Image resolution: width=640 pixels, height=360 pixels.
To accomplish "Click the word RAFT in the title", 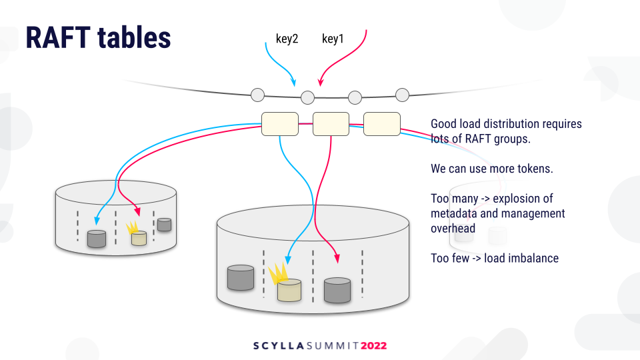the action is pos(58,37).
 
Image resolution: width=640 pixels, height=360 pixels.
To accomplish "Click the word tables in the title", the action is pos(134,37).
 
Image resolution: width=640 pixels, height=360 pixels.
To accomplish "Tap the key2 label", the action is pos(287,39).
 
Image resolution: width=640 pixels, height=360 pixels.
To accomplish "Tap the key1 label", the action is pos(333,39).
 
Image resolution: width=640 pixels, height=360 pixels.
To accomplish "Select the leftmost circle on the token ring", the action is pos(257,95).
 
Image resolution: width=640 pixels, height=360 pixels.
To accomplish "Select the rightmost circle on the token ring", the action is pos(403,95).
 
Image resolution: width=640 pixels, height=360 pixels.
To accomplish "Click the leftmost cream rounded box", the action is pos(280,124).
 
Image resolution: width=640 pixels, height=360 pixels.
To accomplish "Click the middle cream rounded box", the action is pos(331,124).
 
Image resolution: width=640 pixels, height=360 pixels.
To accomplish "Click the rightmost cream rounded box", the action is pos(382,124).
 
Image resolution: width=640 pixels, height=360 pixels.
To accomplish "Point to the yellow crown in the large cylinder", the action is pos(279,273).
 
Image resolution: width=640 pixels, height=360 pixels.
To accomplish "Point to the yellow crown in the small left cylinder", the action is pos(132,227).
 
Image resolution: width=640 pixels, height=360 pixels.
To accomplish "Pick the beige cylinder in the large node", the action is pos(289,290).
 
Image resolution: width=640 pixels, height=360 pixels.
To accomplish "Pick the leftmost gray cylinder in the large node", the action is pos(241,277).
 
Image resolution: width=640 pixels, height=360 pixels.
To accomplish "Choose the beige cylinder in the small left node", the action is pos(139,239).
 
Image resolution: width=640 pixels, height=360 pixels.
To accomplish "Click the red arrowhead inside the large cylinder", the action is pos(337,258).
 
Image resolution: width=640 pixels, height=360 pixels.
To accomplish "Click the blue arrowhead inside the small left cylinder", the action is pos(97,221).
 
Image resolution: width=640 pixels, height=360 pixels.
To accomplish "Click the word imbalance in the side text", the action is pos(521,258).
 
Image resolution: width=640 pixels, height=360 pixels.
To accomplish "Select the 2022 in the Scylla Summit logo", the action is pos(373,346).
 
